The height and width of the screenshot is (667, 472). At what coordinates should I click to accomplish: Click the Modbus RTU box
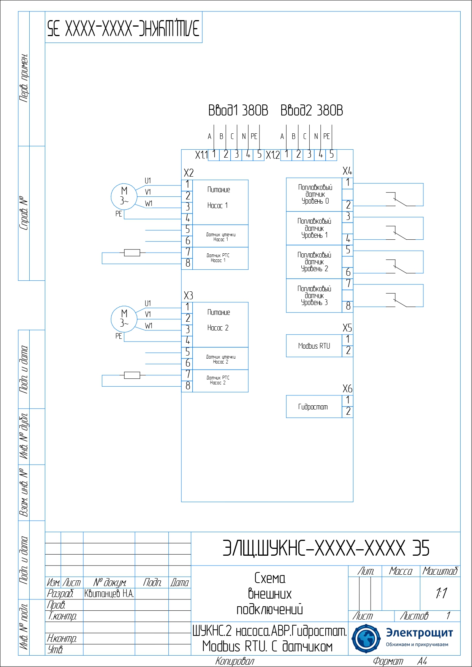[x=314, y=346]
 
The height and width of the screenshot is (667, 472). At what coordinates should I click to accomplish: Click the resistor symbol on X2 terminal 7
[x=132, y=252]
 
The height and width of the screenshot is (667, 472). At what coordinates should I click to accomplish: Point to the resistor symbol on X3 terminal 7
[x=132, y=375]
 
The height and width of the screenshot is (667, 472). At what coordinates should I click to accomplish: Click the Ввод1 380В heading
[x=238, y=111]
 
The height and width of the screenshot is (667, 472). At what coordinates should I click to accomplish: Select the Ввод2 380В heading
[x=312, y=111]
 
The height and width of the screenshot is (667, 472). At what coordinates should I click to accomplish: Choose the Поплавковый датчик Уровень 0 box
[x=314, y=194]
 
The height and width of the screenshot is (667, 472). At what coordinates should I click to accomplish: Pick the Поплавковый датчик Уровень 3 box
[x=314, y=296]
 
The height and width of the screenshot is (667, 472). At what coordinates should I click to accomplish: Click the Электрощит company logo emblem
[x=366, y=639]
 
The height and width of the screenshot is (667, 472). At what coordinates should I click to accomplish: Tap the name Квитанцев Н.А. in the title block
[x=109, y=594]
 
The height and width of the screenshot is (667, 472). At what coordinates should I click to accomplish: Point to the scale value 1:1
[x=441, y=593]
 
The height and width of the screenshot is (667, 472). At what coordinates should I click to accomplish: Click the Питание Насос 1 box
[x=220, y=202]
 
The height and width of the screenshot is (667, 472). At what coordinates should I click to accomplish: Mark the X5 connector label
[x=347, y=328]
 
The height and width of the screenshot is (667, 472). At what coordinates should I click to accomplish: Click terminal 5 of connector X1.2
[x=331, y=155]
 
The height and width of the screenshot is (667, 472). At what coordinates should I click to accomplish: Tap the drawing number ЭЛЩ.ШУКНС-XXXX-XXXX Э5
[x=326, y=548]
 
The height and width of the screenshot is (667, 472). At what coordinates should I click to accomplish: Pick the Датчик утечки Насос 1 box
[x=220, y=236]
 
